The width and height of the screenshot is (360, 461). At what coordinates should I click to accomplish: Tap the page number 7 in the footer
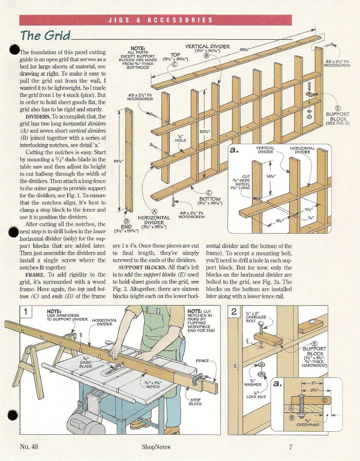(x=291, y=447)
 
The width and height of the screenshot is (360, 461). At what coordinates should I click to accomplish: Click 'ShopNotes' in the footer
(x=156, y=447)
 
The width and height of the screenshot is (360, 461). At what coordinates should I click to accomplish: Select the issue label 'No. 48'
(x=29, y=447)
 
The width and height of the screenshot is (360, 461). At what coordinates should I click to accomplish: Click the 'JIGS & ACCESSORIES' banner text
(x=160, y=20)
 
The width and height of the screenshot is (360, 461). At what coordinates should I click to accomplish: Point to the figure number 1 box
(x=26, y=311)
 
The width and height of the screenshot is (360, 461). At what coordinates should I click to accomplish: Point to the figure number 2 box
(x=234, y=311)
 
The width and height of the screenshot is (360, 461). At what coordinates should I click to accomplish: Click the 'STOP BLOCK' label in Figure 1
(x=195, y=402)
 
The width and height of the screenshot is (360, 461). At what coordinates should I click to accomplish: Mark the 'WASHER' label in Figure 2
(x=253, y=384)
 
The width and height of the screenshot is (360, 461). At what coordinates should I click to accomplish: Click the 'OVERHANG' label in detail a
(x=307, y=425)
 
